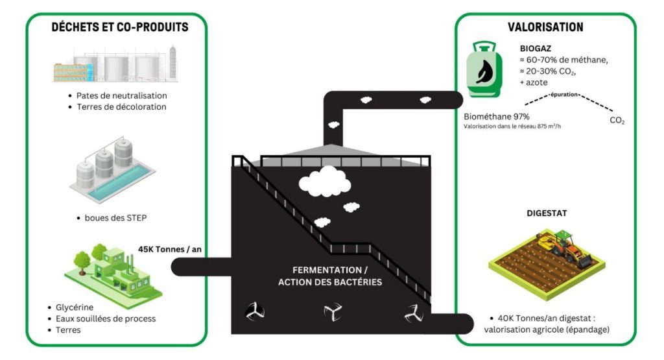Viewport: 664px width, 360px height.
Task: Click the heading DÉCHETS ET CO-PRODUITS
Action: (x=120, y=27)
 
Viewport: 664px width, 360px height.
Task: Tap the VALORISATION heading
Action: (x=545, y=27)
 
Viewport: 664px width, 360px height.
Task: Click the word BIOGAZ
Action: (x=536, y=49)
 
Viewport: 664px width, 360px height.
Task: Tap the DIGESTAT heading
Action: (x=546, y=212)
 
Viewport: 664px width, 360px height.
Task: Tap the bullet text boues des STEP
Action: (x=116, y=217)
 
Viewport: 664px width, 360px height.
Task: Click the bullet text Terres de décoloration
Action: (x=121, y=106)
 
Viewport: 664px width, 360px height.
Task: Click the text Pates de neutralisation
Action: (x=121, y=95)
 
